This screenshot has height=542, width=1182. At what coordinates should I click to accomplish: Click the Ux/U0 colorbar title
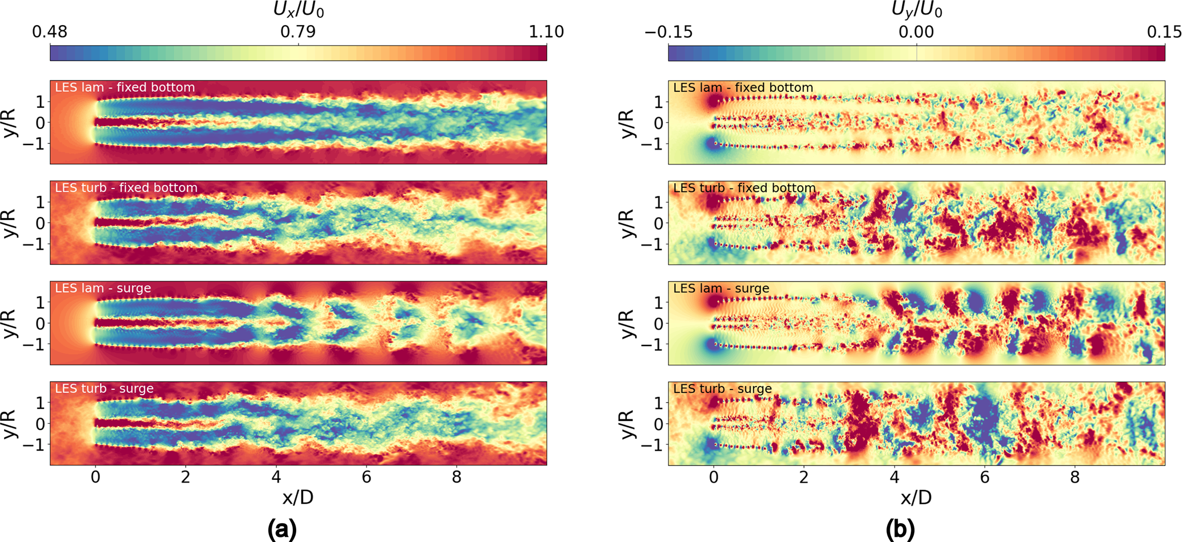[x=299, y=10]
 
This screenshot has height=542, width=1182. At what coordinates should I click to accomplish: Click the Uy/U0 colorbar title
[x=917, y=10]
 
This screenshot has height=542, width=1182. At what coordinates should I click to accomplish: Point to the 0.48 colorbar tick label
[x=50, y=32]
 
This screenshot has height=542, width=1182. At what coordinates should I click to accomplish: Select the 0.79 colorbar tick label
[x=298, y=32]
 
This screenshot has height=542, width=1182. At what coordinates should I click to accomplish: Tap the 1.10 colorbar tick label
[x=546, y=32]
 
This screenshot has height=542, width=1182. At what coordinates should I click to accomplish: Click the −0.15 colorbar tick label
[x=668, y=32]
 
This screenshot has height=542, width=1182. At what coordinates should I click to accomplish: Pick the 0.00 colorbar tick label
[x=916, y=32]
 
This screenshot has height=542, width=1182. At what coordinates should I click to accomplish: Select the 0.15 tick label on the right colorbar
[x=1164, y=32]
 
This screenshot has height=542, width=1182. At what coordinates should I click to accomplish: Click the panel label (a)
[x=282, y=529]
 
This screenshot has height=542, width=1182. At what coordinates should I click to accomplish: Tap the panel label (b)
[x=900, y=529]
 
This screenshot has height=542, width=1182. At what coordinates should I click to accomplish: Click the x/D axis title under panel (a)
[x=298, y=497]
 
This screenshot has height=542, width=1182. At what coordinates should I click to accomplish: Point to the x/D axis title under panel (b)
[x=916, y=497]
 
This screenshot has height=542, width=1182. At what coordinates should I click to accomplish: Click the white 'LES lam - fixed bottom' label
[x=125, y=87]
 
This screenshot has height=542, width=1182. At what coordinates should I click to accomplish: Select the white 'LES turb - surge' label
[x=104, y=388]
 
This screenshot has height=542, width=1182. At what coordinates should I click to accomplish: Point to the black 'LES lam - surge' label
[x=721, y=288]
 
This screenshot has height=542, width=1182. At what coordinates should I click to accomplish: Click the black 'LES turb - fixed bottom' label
[x=744, y=188]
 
